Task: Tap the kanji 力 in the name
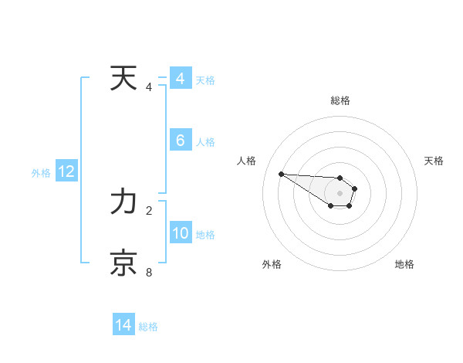pyautogui.click(x=123, y=202)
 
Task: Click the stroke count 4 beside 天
pyautogui.click(x=149, y=87)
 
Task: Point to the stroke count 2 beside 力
pyautogui.click(x=149, y=210)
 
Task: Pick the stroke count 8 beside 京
pyautogui.click(x=149, y=272)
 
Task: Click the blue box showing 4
pyautogui.click(x=180, y=79)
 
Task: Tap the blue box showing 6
pyautogui.click(x=180, y=141)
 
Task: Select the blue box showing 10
pyautogui.click(x=180, y=233)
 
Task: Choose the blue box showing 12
pyautogui.click(x=66, y=171)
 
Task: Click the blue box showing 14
pyautogui.click(x=123, y=325)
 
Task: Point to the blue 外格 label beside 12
pyautogui.click(x=41, y=173)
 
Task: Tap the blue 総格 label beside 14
pyautogui.click(x=148, y=327)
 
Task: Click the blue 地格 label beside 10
pyautogui.click(x=205, y=235)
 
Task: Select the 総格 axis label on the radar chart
pyautogui.click(x=340, y=100)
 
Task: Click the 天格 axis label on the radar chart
pyautogui.click(x=434, y=161)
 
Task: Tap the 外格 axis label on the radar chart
pyautogui.click(x=271, y=264)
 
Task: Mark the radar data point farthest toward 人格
pyautogui.click(x=281, y=174)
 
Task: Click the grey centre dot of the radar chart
pyautogui.click(x=340, y=193)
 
